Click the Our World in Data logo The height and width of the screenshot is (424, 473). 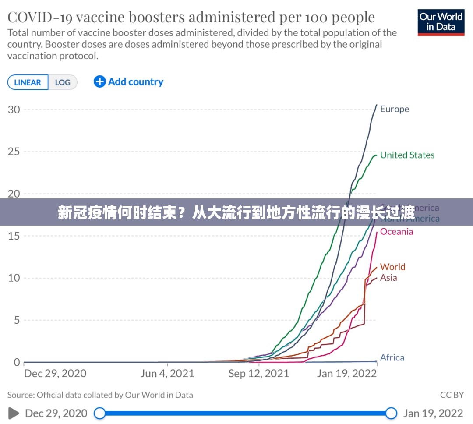pyautogui.click(x=441, y=22)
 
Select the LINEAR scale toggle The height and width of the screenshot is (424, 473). pyautogui.click(x=28, y=82)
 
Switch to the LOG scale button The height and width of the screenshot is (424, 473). pyautogui.click(x=63, y=82)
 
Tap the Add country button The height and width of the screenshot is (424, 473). pyautogui.click(x=128, y=82)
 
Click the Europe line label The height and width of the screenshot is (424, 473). pyautogui.click(x=394, y=109)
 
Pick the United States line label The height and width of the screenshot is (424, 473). pyautogui.click(x=407, y=155)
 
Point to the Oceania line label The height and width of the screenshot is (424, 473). pyautogui.click(x=396, y=231)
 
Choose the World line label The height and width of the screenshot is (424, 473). pyautogui.click(x=392, y=267)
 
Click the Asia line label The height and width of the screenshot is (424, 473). pyautogui.click(x=388, y=278)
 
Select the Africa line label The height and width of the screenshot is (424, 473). pyautogui.click(x=392, y=357)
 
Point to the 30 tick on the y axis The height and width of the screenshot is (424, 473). pyautogui.click(x=14, y=109)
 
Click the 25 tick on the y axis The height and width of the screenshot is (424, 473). pyautogui.click(x=14, y=152)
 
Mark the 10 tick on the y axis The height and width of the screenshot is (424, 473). pyautogui.click(x=14, y=278)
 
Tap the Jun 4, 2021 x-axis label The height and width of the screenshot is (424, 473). pyautogui.click(x=167, y=374)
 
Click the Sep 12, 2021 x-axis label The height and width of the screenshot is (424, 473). pyautogui.click(x=259, y=374)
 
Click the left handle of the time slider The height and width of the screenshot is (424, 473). pyautogui.click(x=100, y=413)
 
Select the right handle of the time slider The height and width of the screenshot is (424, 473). pyautogui.click(x=391, y=413)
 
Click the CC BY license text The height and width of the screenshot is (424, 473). pyautogui.click(x=452, y=395)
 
